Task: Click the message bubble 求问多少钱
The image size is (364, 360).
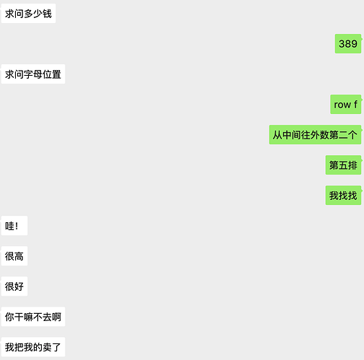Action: pyautogui.click(x=28, y=14)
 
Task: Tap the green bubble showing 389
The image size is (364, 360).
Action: pyautogui.click(x=348, y=44)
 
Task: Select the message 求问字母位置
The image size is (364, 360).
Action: pyautogui.click(x=33, y=74)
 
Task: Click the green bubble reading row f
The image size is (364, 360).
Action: pyautogui.click(x=346, y=105)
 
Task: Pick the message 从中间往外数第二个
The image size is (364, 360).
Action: pyautogui.click(x=315, y=135)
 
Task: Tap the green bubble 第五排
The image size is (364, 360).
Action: pyautogui.click(x=343, y=165)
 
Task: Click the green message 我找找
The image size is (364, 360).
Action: pyautogui.click(x=343, y=196)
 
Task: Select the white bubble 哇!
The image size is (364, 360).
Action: pyautogui.click(x=14, y=226)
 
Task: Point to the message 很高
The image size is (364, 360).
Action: pyautogui.click(x=14, y=256)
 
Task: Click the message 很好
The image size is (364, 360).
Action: pyautogui.click(x=14, y=286)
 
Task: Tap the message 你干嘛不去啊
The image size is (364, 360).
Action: pyautogui.click(x=33, y=317)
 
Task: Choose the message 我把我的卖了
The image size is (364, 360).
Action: pyautogui.click(x=33, y=347)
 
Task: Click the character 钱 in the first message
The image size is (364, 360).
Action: pyautogui.click(x=47, y=14)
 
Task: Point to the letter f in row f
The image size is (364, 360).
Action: pyautogui.click(x=355, y=104)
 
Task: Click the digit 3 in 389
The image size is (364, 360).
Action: pyautogui.click(x=342, y=44)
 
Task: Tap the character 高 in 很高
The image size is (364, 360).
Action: pyautogui.click(x=19, y=256)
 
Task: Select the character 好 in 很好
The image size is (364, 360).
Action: pyautogui.click(x=19, y=286)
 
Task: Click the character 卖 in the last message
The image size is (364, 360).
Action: pyautogui.click(x=47, y=347)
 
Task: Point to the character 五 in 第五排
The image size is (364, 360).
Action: pyautogui.click(x=343, y=165)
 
